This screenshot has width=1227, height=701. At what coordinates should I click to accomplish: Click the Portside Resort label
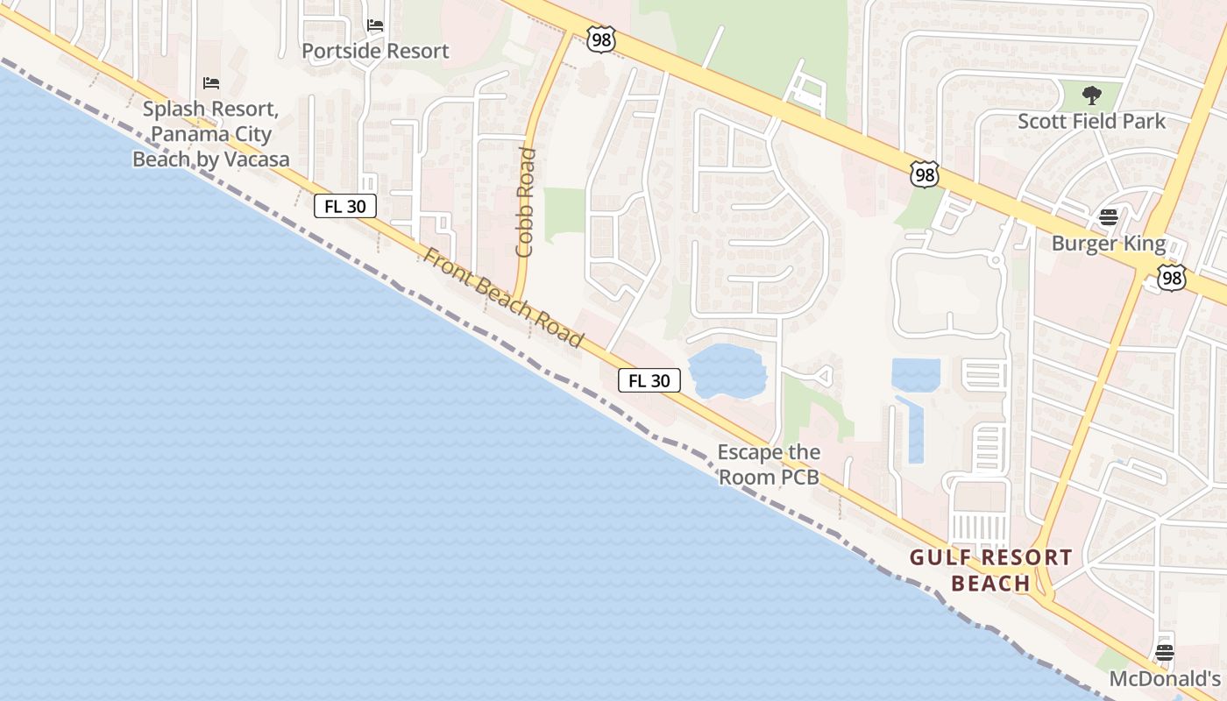pyautogui.click(x=375, y=51)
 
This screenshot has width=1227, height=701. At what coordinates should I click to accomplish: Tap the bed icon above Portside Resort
pyautogui.click(x=375, y=25)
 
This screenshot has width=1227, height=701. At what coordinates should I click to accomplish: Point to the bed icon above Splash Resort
pyautogui.click(x=210, y=83)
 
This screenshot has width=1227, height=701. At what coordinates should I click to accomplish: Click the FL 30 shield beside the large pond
pyautogui.click(x=649, y=380)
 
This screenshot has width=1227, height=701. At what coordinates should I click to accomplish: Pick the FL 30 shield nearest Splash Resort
pyautogui.click(x=345, y=206)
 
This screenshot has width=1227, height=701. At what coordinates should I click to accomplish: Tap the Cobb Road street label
pyautogui.click(x=525, y=202)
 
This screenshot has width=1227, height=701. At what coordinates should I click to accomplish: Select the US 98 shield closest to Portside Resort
pyautogui.click(x=602, y=39)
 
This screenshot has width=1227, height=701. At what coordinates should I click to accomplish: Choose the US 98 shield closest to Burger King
pyautogui.click(x=1171, y=278)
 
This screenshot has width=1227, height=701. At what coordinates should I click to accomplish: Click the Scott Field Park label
pyautogui.click(x=1091, y=121)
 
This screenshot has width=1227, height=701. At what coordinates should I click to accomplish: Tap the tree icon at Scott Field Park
pyautogui.click(x=1091, y=95)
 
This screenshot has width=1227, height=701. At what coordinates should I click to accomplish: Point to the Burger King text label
pyautogui.click(x=1109, y=244)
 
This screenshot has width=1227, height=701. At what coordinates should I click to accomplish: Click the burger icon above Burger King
pyautogui.click(x=1109, y=217)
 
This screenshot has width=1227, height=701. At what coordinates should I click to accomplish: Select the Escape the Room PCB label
pyautogui.click(x=769, y=464)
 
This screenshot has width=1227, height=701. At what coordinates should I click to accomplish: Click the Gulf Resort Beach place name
pyautogui.click(x=990, y=570)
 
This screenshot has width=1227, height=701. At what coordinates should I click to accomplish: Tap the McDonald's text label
pyautogui.click(x=1165, y=679)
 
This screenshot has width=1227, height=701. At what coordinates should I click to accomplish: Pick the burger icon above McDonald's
pyautogui.click(x=1164, y=652)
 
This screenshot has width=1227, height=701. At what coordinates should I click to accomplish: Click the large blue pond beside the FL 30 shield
pyautogui.click(x=727, y=372)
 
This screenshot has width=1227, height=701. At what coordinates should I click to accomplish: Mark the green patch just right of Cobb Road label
pyautogui.click(x=564, y=214)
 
